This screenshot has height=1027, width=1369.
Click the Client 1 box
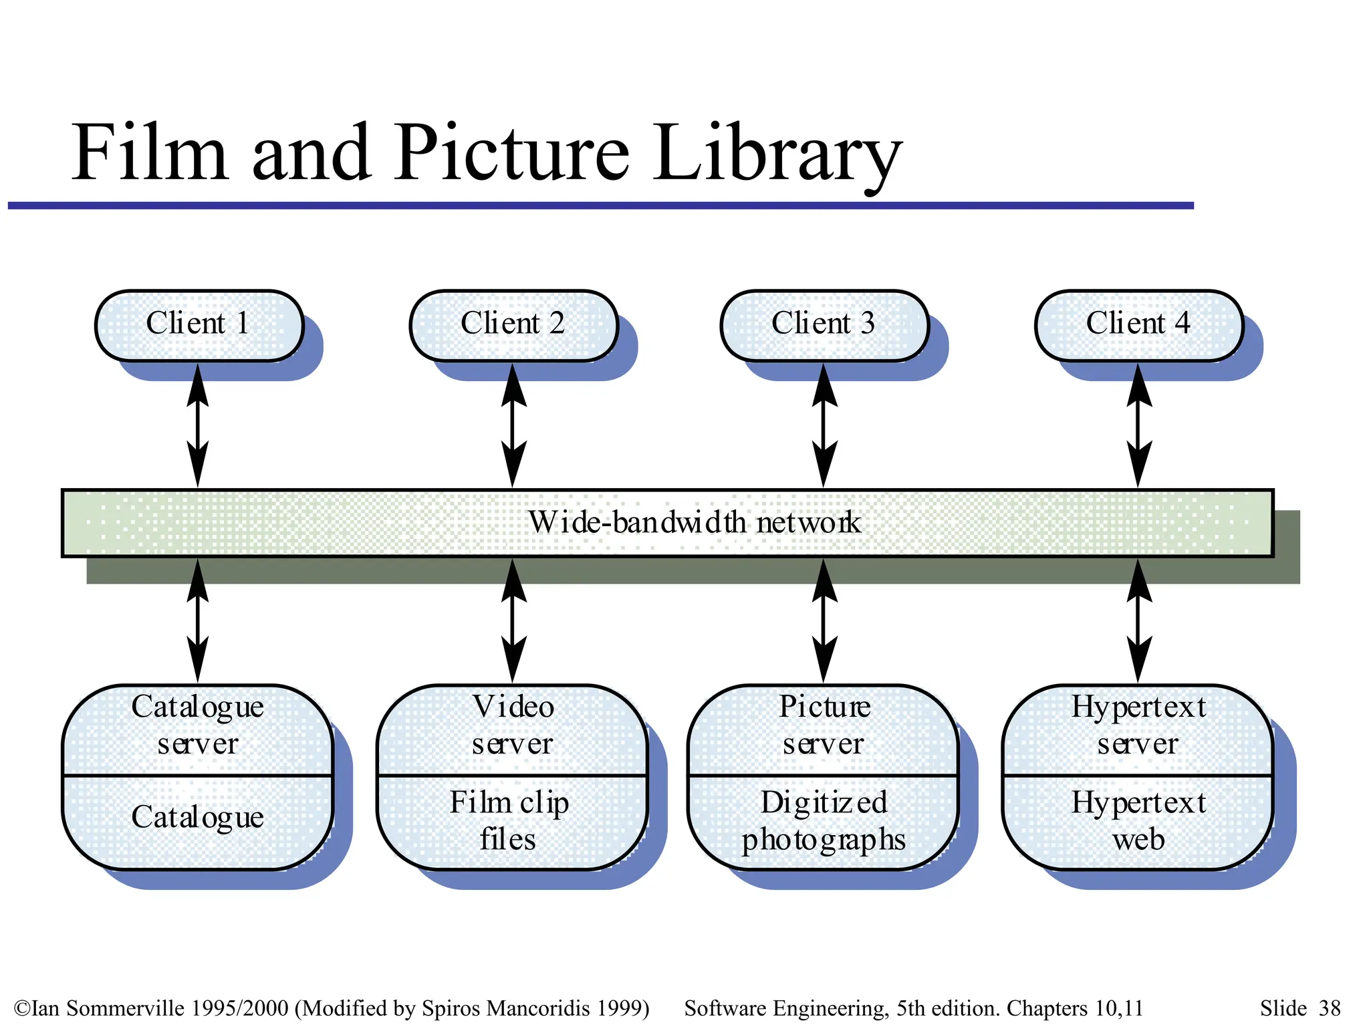(199, 325)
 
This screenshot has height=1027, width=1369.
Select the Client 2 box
(513, 325)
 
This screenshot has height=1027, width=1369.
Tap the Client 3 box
(824, 325)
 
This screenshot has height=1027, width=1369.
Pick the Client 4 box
(1138, 325)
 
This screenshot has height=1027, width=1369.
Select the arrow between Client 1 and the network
(197, 425)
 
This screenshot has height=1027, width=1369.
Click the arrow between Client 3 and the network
(824, 425)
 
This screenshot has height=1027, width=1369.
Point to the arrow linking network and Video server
(513, 620)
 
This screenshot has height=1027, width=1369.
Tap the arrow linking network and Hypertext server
(1138, 620)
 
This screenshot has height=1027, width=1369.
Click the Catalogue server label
(198, 725)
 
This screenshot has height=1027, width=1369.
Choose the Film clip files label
(509, 821)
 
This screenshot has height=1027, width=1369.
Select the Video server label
(513, 725)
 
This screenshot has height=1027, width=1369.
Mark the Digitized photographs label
(824, 821)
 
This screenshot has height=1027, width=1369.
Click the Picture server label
(824, 725)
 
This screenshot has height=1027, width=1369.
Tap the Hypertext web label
(1138, 821)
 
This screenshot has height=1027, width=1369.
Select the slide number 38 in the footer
(1330, 1008)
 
